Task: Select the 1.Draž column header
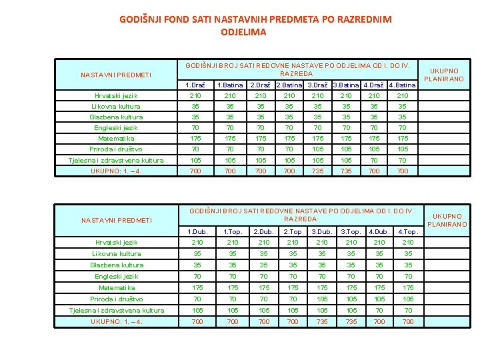(x=195, y=85)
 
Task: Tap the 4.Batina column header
(x=402, y=85)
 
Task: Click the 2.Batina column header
(x=289, y=85)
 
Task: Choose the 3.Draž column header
(x=317, y=85)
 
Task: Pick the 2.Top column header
(x=292, y=232)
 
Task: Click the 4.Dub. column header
(x=379, y=232)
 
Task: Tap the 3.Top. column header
(x=351, y=232)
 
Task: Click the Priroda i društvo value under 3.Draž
(x=317, y=149)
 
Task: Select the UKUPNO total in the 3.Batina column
(x=345, y=171)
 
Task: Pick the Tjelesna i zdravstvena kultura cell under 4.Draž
(x=373, y=161)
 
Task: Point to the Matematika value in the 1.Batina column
(x=230, y=139)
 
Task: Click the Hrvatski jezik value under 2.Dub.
(x=264, y=243)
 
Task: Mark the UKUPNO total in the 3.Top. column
(x=351, y=322)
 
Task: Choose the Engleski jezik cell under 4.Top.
(x=408, y=276)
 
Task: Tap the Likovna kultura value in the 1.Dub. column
(x=195, y=254)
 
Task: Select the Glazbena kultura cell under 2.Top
(x=292, y=265)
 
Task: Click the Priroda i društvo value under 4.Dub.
(x=379, y=299)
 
